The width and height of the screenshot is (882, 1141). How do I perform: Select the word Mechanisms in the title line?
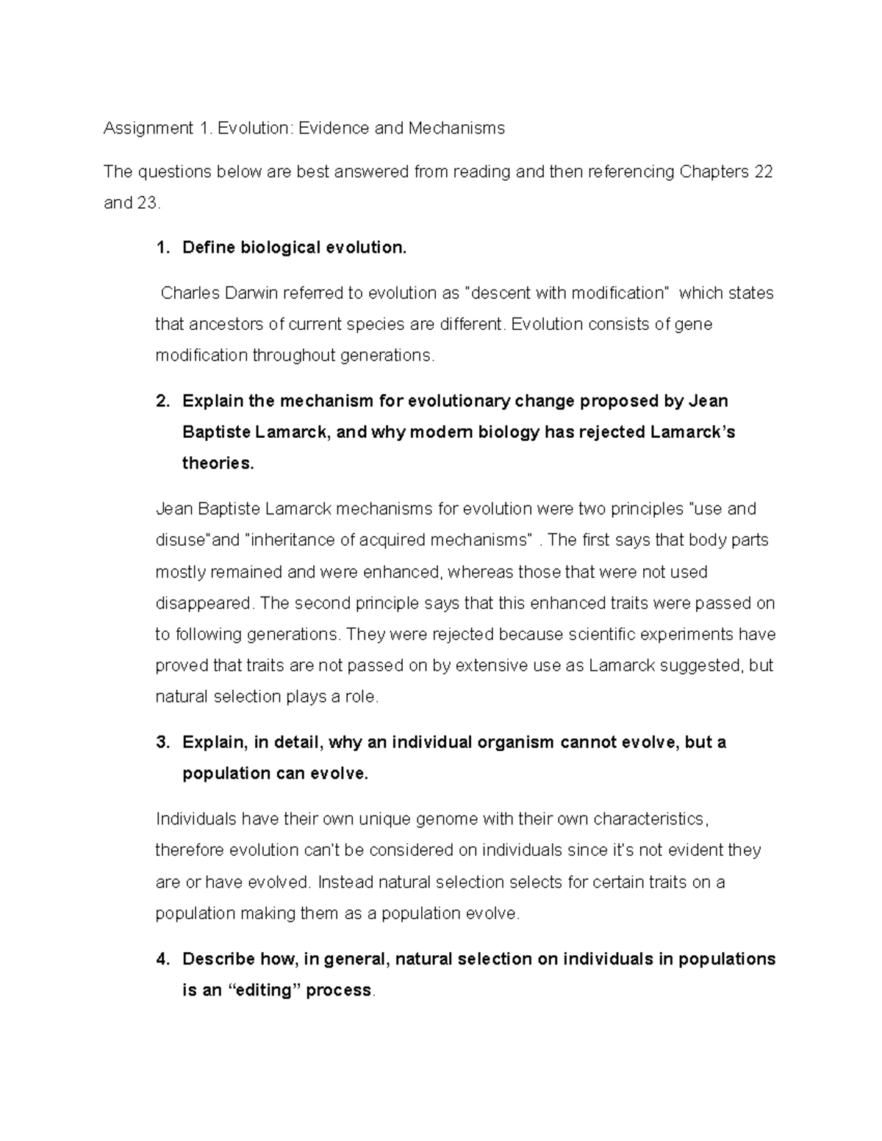pos(456,129)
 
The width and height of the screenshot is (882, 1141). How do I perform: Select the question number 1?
pos(161,248)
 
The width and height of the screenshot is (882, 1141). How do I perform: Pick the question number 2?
pos(162,401)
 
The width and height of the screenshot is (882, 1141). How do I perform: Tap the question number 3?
pos(162,742)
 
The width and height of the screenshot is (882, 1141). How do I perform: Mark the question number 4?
pos(162,959)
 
